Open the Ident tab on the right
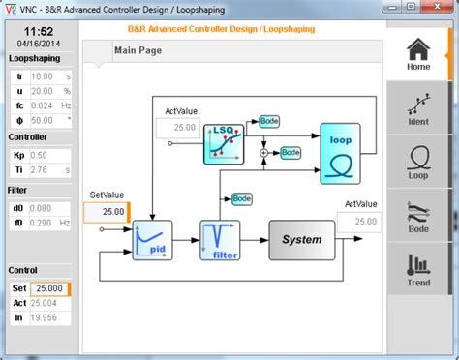click(417, 107)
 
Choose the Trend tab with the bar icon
click(417, 269)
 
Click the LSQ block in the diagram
click(222, 144)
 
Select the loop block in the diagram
click(340, 153)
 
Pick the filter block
click(220, 239)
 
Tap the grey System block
click(301, 239)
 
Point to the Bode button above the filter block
click(241, 198)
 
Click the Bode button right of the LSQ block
click(269, 121)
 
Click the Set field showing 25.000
click(48, 288)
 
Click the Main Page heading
click(137, 50)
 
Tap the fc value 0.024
click(43, 105)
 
